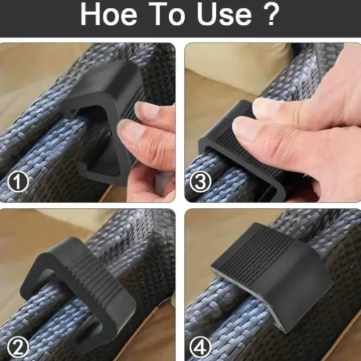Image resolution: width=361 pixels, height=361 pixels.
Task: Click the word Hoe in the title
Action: [109, 14]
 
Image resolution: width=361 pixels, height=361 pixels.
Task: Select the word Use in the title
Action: [224, 14]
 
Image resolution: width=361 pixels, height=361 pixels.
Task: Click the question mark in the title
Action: [270, 14]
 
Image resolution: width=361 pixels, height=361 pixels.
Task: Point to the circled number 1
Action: [18, 182]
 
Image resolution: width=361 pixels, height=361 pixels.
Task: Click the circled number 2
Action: [18, 348]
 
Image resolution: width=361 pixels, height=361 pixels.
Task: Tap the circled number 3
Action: [200, 182]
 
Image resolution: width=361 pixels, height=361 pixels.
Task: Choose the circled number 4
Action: [200, 348]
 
